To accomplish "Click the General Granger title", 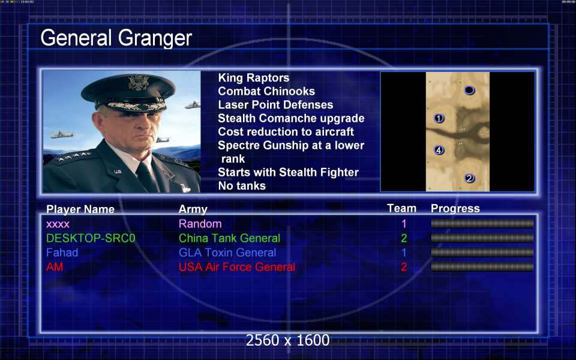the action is (x=116, y=38).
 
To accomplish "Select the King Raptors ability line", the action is (x=253, y=78).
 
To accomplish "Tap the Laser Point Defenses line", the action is (x=275, y=105).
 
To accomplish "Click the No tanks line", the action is (x=242, y=186).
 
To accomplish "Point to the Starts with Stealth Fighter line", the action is (x=288, y=172).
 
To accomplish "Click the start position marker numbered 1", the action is (x=439, y=118).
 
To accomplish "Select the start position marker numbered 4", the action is (x=439, y=150).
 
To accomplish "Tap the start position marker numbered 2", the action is (x=469, y=179).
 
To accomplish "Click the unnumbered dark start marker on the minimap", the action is (x=469, y=90).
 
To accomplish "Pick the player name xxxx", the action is (x=58, y=224).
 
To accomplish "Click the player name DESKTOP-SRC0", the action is (x=91, y=238).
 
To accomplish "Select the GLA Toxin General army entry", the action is (x=227, y=253).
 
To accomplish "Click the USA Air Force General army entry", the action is (x=237, y=267).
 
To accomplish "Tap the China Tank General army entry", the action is (x=230, y=238).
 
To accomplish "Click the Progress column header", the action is (x=455, y=209).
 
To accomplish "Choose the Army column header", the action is (x=193, y=209).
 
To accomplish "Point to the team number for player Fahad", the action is (x=404, y=253).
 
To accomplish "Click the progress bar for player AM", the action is (x=482, y=267).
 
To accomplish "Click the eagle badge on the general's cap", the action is (x=139, y=82).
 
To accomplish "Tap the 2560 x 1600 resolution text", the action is (x=287, y=340).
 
